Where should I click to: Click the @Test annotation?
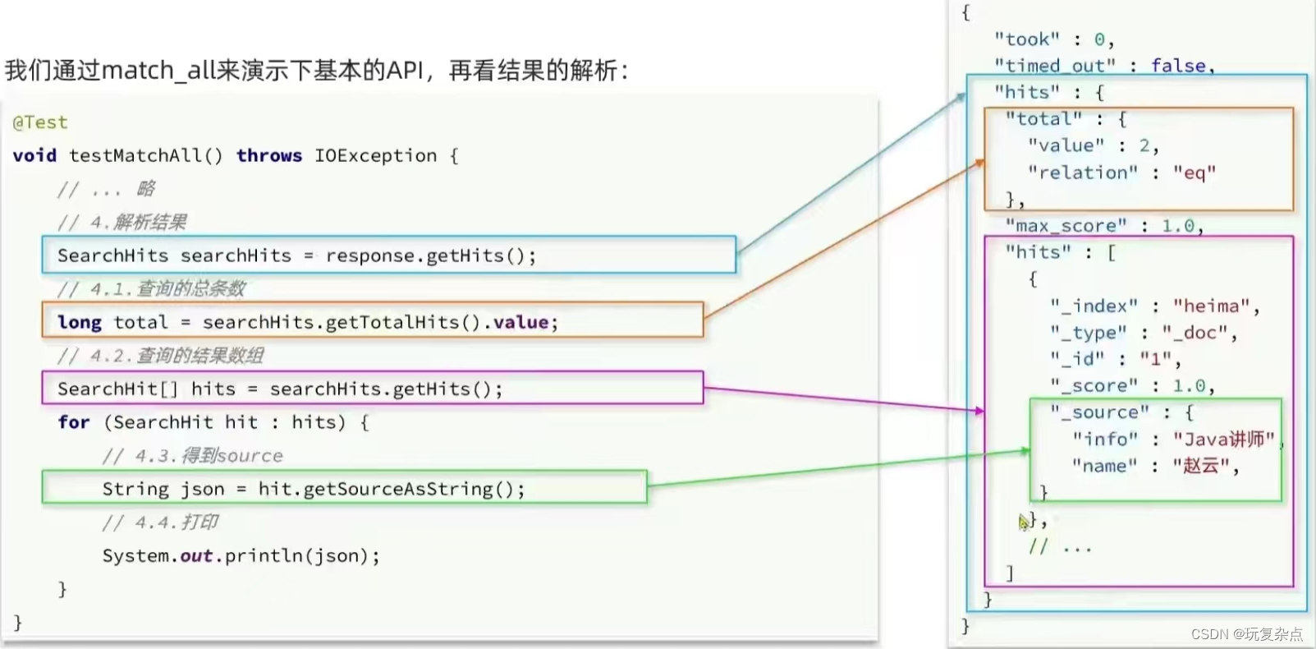pos(40,122)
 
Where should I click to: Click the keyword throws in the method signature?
pos(269,155)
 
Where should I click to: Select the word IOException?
pos(375,155)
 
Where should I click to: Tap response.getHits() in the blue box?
pos(430,255)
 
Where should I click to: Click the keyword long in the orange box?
pos(80,322)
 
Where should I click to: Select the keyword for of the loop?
pos(73,422)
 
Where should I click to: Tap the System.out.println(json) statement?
pos(241,556)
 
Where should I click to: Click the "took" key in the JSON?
pos(1026,39)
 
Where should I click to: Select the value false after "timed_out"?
pos(1179,66)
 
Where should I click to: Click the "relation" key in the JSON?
pos(1083,173)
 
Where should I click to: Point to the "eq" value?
pos(1194,173)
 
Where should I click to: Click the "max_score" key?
pos(1066,226)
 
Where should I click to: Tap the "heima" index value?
pos(1211,306)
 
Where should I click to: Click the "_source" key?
pos(1100,412)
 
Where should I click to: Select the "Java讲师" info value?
pos(1223,440)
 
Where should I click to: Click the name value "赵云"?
pos(1200,466)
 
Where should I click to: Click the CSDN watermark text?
pos(1246,633)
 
